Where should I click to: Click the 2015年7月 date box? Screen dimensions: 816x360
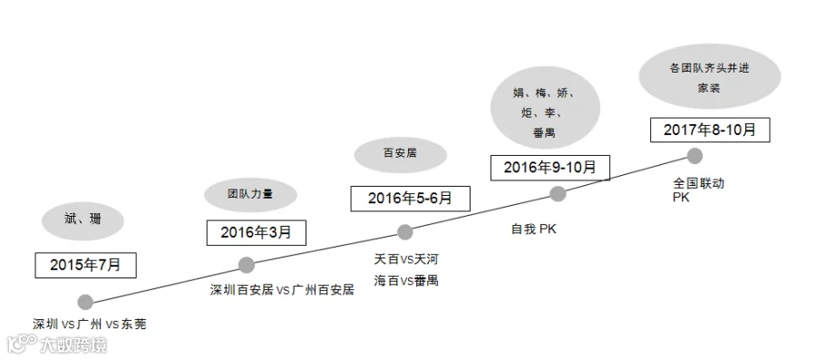pyautogui.click(x=86, y=266)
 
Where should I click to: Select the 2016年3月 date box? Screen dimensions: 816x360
pyautogui.click(x=256, y=232)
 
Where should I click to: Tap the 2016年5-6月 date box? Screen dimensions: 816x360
pyautogui.click(x=410, y=199)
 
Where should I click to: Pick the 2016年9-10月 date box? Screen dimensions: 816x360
pyautogui.click(x=550, y=168)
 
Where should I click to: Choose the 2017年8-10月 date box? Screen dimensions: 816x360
pyautogui.click(x=710, y=130)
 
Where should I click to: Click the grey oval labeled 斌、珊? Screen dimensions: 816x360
pyautogui.click(x=83, y=220)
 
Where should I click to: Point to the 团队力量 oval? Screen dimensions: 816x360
pyautogui.click(x=250, y=195)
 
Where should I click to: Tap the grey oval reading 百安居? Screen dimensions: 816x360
pyautogui.click(x=400, y=154)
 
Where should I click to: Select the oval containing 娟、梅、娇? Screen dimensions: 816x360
pyautogui.click(x=545, y=108)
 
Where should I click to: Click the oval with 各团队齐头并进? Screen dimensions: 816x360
pyautogui.click(x=710, y=76)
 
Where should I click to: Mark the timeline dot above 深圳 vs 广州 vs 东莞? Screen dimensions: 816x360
pyautogui.click(x=85, y=302)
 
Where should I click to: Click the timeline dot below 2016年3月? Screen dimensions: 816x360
pyautogui.click(x=246, y=265)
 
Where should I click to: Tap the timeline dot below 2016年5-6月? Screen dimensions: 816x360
pyautogui.click(x=405, y=232)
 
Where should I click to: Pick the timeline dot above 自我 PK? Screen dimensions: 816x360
pyautogui.click(x=558, y=194)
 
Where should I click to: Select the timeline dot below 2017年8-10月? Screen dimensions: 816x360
pyautogui.click(x=695, y=156)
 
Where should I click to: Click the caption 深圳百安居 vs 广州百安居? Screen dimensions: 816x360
pyautogui.click(x=282, y=290)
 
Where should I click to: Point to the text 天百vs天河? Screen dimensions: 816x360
pyautogui.click(x=403, y=258)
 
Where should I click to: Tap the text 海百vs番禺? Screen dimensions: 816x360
pyautogui.click(x=406, y=280)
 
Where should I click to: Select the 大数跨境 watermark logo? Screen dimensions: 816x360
pyautogui.click(x=57, y=345)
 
